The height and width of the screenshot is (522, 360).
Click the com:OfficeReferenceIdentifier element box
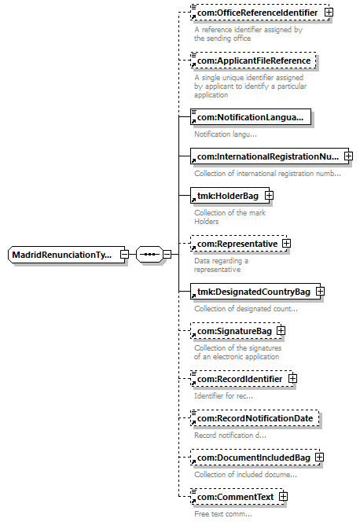click(x=260, y=13)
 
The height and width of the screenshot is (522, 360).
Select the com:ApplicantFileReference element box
click(x=253, y=61)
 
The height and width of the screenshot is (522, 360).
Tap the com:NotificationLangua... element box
click(x=251, y=117)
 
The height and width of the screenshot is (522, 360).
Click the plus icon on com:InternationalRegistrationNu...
click(x=348, y=156)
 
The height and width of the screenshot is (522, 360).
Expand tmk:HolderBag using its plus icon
click(x=269, y=196)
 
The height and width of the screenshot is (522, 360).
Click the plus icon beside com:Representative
click(x=286, y=244)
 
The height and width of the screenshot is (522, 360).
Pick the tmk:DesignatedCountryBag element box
click(x=255, y=292)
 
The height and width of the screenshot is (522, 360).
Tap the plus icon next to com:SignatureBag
click(x=281, y=331)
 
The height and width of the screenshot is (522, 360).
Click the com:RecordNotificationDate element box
click(x=255, y=418)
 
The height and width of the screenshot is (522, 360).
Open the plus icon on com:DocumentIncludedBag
click(x=319, y=458)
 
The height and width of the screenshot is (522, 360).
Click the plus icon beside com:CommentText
click(x=283, y=497)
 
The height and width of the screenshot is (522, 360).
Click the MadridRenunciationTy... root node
click(x=66, y=255)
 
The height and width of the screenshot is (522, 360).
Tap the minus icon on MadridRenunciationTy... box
click(x=124, y=255)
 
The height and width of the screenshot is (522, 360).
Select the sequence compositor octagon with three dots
click(x=149, y=255)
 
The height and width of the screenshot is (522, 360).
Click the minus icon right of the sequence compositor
click(x=167, y=255)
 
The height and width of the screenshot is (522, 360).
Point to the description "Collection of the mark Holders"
click(x=230, y=217)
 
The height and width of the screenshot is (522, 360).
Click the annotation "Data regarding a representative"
click(x=221, y=265)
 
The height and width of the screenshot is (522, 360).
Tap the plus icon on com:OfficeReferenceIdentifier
click(x=329, y=13)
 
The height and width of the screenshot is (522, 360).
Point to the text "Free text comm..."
click(x=223, y=513)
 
